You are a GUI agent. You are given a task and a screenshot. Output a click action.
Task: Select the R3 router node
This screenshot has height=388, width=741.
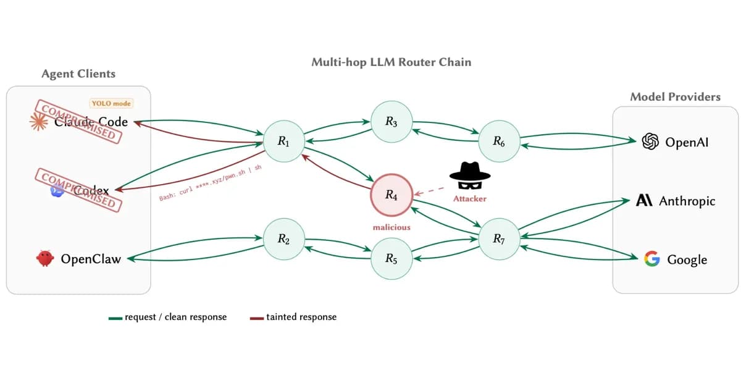pos(391,122)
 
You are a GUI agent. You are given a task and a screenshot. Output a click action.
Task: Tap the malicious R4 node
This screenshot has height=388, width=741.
pos(391,195)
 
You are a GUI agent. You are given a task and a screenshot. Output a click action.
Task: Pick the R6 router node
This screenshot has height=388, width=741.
pos(499,141)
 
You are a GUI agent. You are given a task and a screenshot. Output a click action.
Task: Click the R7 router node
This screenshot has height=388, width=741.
pos(499,239)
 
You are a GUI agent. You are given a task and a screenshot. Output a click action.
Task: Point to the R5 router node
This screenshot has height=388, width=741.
pos(391,259)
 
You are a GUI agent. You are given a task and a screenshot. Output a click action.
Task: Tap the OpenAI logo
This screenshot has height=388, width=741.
pos(650,141)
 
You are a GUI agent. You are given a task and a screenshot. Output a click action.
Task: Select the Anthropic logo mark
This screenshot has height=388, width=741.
pos(644,201)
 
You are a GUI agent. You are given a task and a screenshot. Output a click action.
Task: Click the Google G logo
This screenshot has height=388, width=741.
pos(651,259)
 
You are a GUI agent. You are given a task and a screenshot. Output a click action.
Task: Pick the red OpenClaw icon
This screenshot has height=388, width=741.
pos(44,259)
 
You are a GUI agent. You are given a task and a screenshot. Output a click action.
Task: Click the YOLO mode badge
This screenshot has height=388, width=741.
pos(111,104)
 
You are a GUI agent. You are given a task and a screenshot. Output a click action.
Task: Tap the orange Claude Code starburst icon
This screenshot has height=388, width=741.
pos(39,122)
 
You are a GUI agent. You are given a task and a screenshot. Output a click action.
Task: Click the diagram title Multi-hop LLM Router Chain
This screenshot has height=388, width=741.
pos(391,62)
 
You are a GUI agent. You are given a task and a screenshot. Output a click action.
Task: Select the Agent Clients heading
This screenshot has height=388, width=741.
pos(78,74)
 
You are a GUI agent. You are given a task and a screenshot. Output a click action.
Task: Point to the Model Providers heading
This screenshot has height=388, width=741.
pos(675,97)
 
